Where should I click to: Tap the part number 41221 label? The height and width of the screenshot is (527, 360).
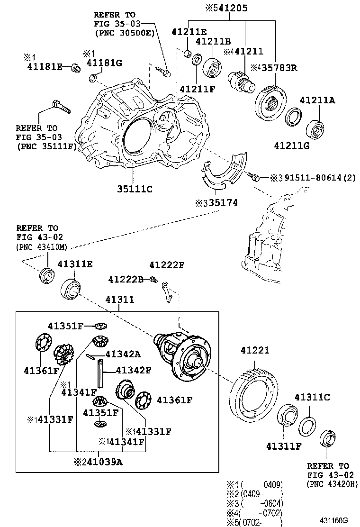point(254,351)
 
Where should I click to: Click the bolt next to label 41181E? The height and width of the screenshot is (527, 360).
point(74,69)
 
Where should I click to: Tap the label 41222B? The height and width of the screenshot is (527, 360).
point(125,279)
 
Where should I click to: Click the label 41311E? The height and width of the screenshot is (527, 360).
point(75,264)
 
